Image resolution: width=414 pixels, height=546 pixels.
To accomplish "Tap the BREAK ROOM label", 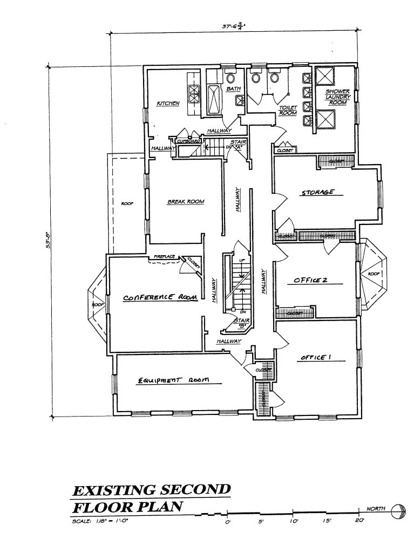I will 186,202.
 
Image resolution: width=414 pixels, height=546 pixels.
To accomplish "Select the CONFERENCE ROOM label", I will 160,297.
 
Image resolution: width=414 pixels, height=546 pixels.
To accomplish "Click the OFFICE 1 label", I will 313,357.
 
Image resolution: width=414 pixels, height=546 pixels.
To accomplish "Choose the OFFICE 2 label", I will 310,280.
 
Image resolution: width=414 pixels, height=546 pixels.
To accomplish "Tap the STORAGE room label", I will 317,192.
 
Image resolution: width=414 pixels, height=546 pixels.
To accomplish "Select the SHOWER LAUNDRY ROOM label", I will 338,97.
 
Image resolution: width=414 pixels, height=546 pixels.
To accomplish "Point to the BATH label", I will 233,88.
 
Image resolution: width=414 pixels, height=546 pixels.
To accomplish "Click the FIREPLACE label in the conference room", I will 164,256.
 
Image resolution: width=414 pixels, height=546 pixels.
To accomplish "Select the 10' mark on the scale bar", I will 293,521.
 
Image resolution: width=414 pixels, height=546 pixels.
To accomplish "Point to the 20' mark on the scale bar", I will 359,521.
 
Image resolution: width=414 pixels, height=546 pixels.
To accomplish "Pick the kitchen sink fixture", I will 193,95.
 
